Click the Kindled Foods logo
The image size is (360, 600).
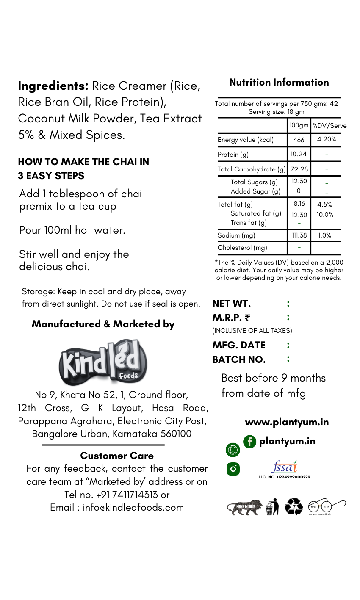pyautogui.click(x=103, y=362)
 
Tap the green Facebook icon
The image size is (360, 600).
pyautogui.click(x=249, y=442)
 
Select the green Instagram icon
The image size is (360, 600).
pyautogui.click(x=233, y=469)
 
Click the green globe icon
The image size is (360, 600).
pyautogui.click(x=233, y=450)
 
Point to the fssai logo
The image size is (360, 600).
pyautogui.click(x=284, y=467)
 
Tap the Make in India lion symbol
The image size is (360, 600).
pyautogui.click(x=244, y=506)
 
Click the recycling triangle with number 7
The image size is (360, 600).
pyautogui.click(x=294, y=507)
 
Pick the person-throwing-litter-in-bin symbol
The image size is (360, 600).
pyautogui.click(x=272, y=507)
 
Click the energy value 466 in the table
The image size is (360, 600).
pyautogui.click(x=299, y=140)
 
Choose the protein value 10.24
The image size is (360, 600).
pyautogui.click(x=299, y=154)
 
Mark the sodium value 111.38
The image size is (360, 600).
pyautogui.click(x=299, y=235)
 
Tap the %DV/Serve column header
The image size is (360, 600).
pyautogui.click(x=329, y=126)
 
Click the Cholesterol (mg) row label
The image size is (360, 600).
pyautogui.click(x=242, y=247)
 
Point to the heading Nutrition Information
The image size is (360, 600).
pyautogui.click(x=279, y=82)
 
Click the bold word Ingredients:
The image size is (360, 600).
pyautogui.click(x=53, y=86)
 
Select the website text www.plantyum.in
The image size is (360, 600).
pyautogui.click(x=287, y=422)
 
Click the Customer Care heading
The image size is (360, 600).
pyautogui.click(x=117, y=456)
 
